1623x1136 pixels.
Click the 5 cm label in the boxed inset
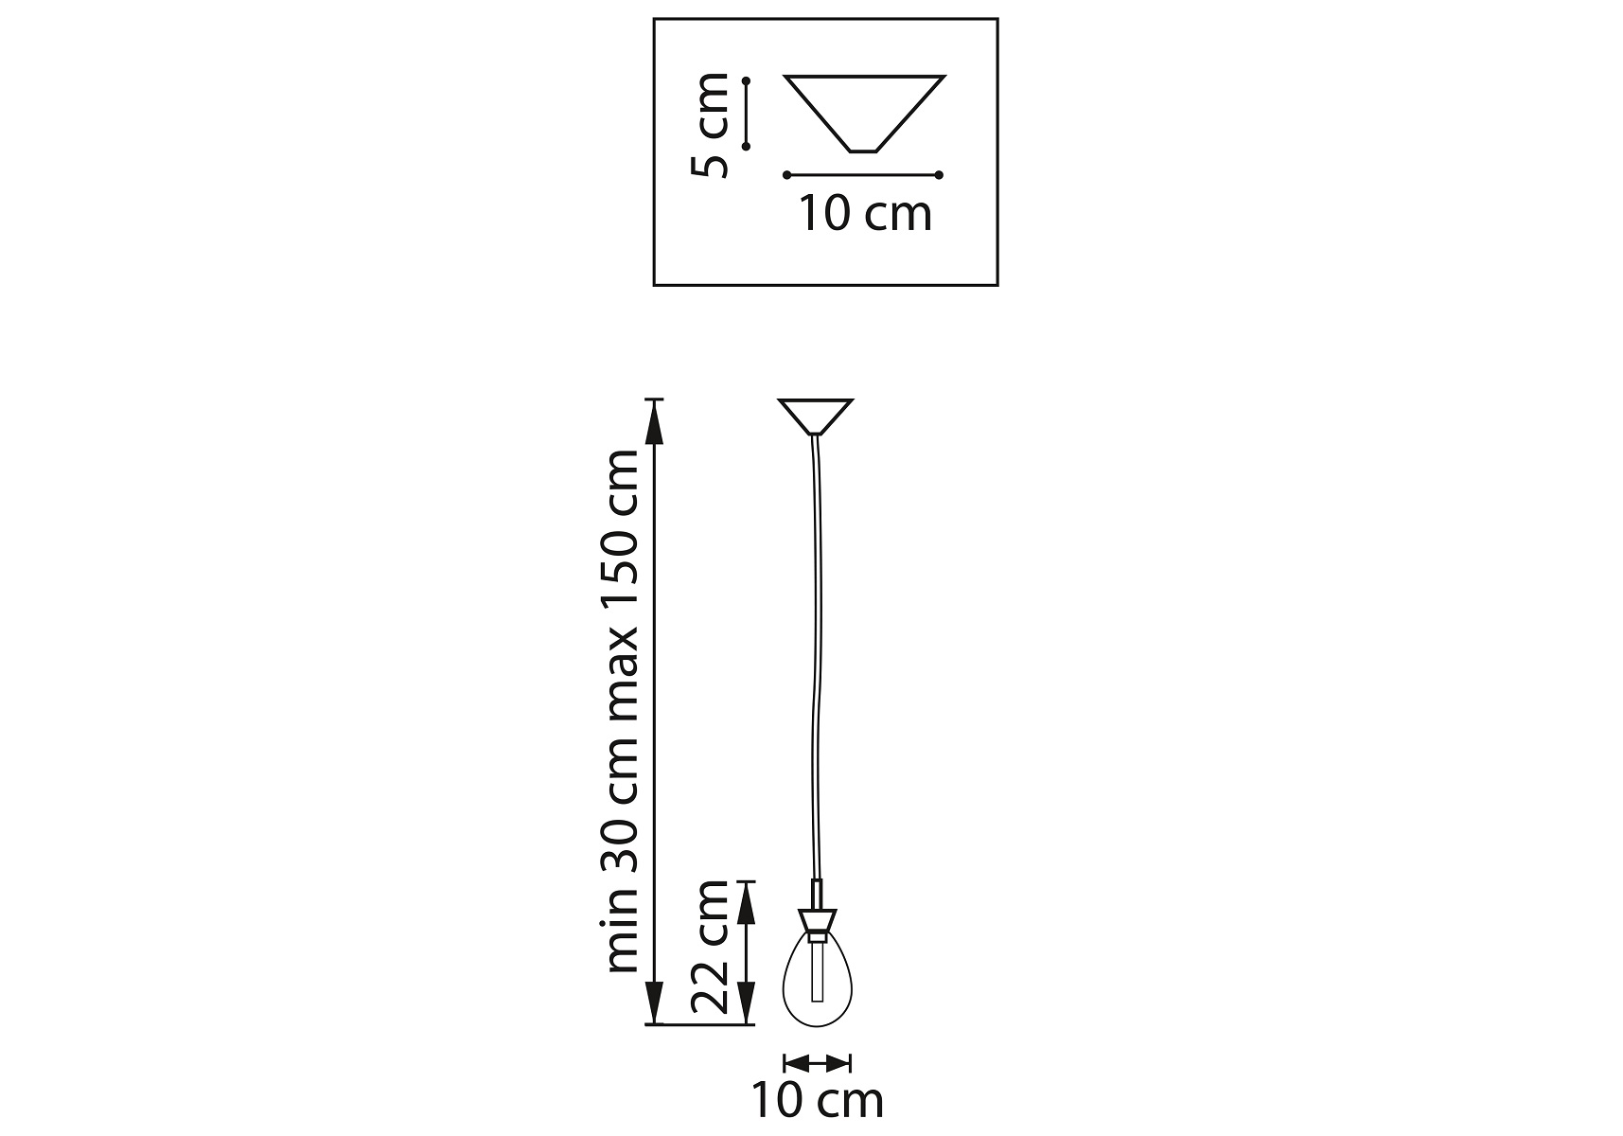[x=711, y=125]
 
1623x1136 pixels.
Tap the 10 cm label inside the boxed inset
[x=866, y=214]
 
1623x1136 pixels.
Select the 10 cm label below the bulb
[x=818, y=1100]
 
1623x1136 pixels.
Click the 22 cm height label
[x=711, y=947]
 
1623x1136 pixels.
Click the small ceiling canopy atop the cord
[x=816, y=417]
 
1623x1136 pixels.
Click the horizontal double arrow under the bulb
[x=818, y=1062]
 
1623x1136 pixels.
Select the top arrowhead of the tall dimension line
[x=653, y=421]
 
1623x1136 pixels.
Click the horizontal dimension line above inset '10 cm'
[x=863, y=175]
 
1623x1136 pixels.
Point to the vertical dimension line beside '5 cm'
[x=746, y=114]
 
